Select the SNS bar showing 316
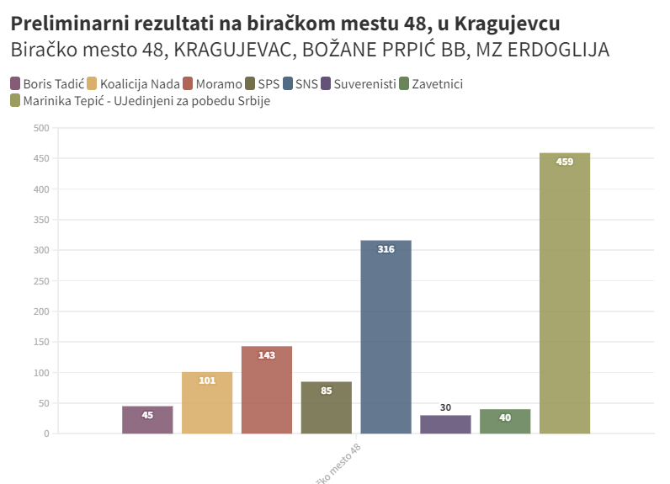(386, 337)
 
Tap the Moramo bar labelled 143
(266, 390)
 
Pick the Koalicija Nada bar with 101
(207, 402)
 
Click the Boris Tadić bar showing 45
(147, 419)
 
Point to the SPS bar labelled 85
(326, 407)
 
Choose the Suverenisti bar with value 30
(445, 424)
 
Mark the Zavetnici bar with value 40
(505, 421)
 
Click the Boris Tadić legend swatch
(15, 83)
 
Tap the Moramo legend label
(219, 83)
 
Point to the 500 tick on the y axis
(41, 128)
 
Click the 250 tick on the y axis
(41, 281)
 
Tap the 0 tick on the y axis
(46, 433)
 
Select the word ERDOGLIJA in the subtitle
(562, 51)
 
